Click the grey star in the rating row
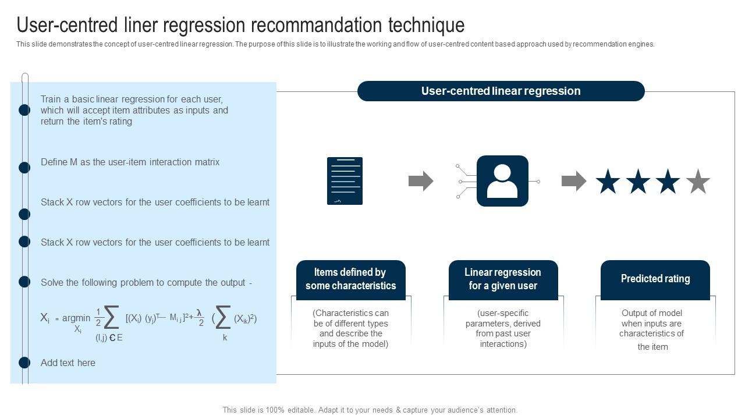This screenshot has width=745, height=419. [x=698, y=182]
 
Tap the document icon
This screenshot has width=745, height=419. [x=345, y=181]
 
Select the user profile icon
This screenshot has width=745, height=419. [x=502, y=181]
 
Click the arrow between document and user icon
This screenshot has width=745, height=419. [x=421, y=181]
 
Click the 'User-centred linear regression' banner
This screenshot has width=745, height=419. [x=501, y=91]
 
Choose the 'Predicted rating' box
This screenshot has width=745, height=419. [x=655, y=279]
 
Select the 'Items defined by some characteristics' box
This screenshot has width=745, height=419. [x=350, y=279]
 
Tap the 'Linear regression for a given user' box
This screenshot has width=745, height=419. [x=503, y=279]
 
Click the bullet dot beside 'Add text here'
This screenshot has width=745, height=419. [x=24, y=363]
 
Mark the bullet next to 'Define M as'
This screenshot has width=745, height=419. [x=24, y=168]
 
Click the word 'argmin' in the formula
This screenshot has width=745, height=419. [x=76, y=318]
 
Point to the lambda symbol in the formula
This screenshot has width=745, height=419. [x=199, y=313]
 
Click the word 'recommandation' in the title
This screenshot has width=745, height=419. [x=315, y=25]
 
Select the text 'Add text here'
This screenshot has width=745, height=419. [x=68, y=363]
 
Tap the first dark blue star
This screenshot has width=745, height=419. [x=608, y=182]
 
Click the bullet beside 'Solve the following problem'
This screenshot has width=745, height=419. [x=24, y=282]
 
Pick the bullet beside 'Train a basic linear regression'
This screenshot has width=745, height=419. [x=24, y=110]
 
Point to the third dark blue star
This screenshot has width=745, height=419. [x=668, y=182]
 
